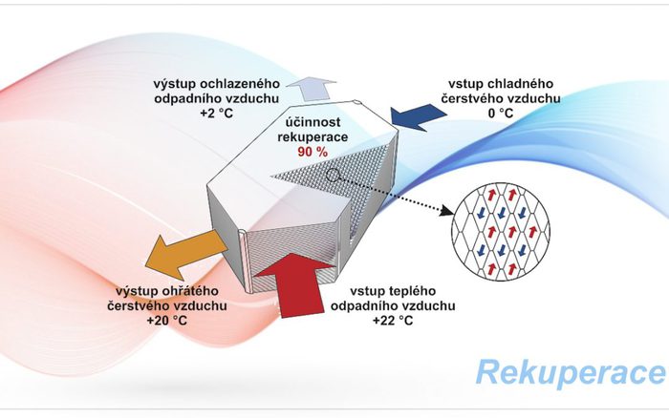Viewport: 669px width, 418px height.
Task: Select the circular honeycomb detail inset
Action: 499,230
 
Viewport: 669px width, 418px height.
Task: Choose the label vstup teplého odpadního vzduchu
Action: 393,298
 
